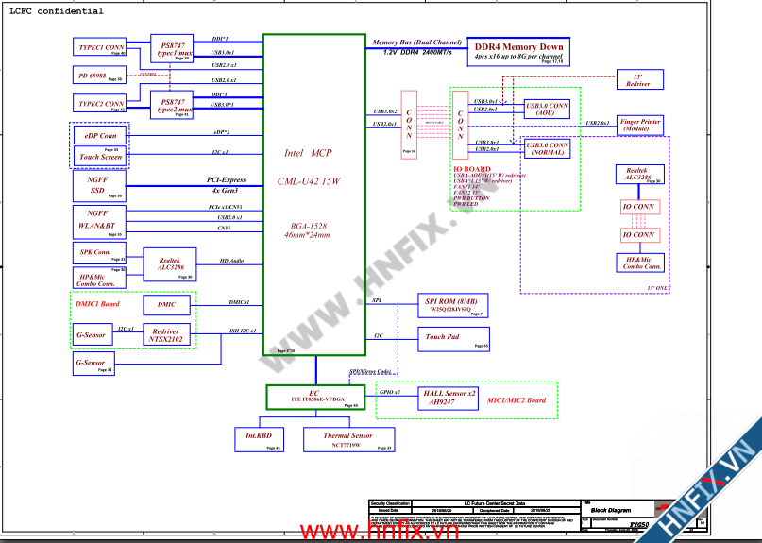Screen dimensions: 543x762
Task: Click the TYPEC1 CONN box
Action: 100,47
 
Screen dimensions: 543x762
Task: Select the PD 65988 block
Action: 99,75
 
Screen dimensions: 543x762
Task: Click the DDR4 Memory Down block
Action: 518,51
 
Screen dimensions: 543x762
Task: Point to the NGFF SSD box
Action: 99,185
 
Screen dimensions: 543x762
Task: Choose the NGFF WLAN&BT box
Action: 99,220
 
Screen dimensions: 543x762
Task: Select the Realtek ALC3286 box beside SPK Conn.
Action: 169,264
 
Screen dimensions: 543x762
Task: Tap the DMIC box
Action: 166,305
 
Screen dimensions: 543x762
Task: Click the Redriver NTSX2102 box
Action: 166,335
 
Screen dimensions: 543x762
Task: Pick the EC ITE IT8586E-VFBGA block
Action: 314,398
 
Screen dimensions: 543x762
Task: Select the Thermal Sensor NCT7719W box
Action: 348,439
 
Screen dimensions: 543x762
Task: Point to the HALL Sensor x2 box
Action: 449,398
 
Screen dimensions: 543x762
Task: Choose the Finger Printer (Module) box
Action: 640,126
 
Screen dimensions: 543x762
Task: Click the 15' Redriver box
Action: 637,80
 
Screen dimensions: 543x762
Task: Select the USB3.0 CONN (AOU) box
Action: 548,110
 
